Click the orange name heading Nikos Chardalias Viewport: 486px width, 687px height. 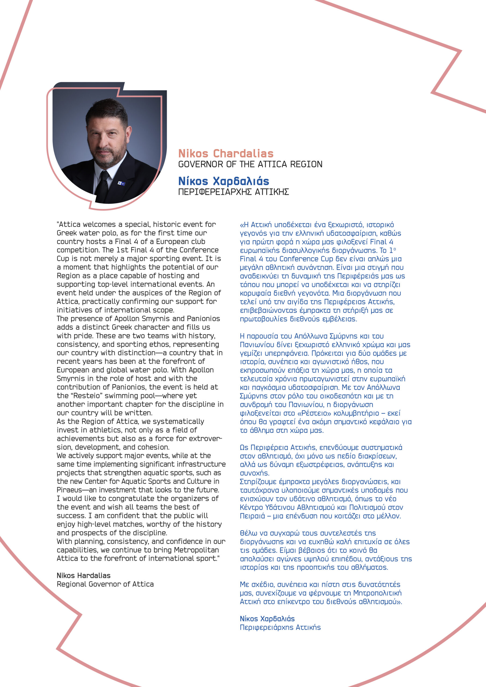(x=226, y=154)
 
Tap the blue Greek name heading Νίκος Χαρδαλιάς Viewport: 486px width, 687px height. (x=223, y=181)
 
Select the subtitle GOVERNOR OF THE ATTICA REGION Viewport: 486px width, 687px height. (x=250, y=164)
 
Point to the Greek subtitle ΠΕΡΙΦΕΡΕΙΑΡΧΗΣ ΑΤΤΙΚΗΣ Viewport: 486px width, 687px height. (x=233, y=192)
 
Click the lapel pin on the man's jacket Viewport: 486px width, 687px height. (x=121, y=183)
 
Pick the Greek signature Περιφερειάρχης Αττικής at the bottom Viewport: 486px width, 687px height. (x=280, y=627)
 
